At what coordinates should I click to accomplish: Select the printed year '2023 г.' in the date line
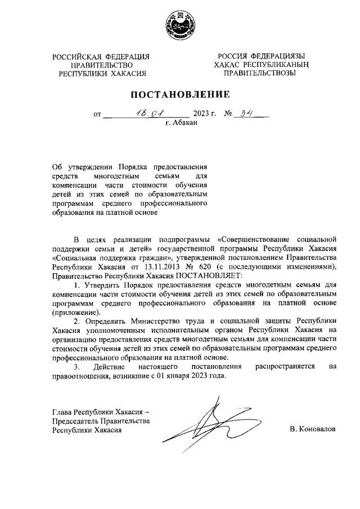pos(205,115)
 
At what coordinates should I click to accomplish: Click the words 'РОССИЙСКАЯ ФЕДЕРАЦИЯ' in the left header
pos(102,56)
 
